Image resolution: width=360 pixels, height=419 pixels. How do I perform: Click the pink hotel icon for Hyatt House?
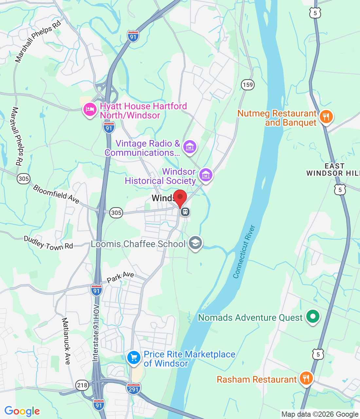[x=90, y=109]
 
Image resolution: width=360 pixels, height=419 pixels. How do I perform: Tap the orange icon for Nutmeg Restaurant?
[x=326, y=117]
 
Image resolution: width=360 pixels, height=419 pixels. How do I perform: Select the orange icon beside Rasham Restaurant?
[x=306, y=379]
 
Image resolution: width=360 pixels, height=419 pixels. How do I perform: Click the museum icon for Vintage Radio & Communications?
[x=190, y=147]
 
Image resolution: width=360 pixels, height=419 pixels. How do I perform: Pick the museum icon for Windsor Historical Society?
[x=206, y=175]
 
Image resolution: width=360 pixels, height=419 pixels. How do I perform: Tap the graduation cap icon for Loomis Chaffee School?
[x=195, y=243]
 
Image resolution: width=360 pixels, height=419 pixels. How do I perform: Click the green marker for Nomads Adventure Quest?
[x=313, y=317]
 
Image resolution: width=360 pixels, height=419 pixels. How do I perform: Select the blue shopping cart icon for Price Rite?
[x=134, y=357]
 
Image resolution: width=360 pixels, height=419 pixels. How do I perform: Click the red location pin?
[x=180, y=198]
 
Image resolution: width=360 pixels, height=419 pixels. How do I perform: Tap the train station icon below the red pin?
[x=185, y=212]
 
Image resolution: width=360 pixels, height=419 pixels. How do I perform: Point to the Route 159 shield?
[x=248, y=85]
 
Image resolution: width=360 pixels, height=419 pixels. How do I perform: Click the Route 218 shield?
[x=82, y=385]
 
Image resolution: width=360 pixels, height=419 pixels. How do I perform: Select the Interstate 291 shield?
[x=134, y=389]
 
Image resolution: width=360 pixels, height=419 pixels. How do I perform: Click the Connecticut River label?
[x=244, y=251]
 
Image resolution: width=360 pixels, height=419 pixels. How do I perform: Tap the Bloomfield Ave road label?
[x=56, y=194]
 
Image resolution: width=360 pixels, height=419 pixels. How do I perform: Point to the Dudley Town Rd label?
[x=48, y=244]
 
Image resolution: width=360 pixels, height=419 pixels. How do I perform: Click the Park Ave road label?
[x=120, y=277]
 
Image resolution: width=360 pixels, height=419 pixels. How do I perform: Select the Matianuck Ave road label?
[x=66, y=341]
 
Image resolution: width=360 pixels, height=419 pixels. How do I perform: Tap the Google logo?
[x=22, y=411]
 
